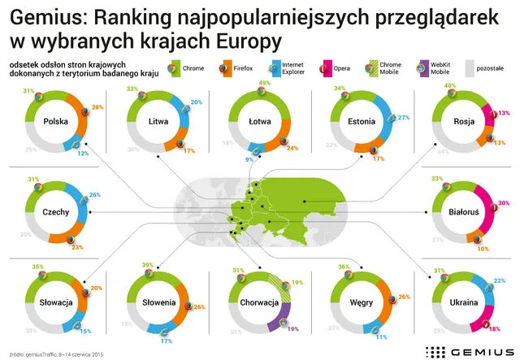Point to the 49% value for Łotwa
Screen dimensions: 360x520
(263, 84)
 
